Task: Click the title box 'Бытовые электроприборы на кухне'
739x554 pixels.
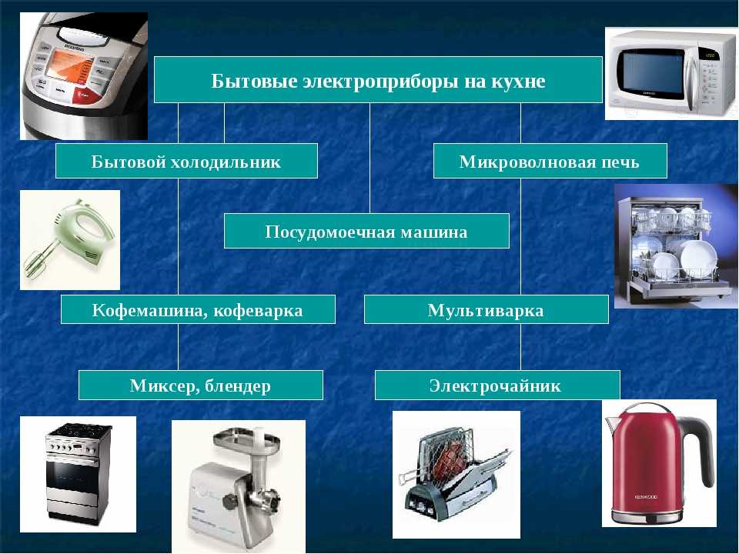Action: [x=378, y=79]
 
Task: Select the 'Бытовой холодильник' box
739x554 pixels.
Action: [x=186, y=161]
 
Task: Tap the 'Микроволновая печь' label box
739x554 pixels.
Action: [x=550, y=161]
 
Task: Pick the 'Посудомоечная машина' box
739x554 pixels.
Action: [x=366, y=231]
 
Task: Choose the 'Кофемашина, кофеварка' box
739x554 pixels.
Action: [x=198, y=309]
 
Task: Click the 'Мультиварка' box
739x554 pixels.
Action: [x=487, y=309]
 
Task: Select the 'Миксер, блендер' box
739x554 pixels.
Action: [x=201, y=385]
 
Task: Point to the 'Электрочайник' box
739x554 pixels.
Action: [x=497, y=385]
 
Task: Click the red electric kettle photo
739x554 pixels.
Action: [x=659, y=463]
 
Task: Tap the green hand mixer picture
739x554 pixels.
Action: [x=70, y=240]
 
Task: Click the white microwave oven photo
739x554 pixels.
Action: [x=670, y=74]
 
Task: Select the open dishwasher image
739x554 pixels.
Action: [x=675, y=246]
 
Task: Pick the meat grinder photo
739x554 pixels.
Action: [x=239, y=486]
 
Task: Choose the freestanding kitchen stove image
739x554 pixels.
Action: [x=78, y=474]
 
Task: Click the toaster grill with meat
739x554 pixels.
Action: [x=456, y=475]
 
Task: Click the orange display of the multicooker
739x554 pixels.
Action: [x=69, y=65]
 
